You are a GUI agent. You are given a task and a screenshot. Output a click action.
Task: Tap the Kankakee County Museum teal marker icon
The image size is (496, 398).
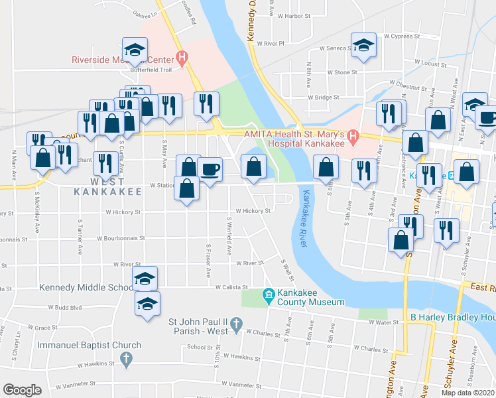pos(269,295)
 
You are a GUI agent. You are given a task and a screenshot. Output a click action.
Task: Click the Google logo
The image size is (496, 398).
pos(22,390)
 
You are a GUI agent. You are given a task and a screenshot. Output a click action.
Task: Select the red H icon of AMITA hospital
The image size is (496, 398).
pos(353,138)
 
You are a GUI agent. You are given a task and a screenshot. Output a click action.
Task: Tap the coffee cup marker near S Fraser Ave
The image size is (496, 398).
pos(210,168)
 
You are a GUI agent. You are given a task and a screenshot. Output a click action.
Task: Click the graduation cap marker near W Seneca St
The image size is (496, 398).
pos(363,44)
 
